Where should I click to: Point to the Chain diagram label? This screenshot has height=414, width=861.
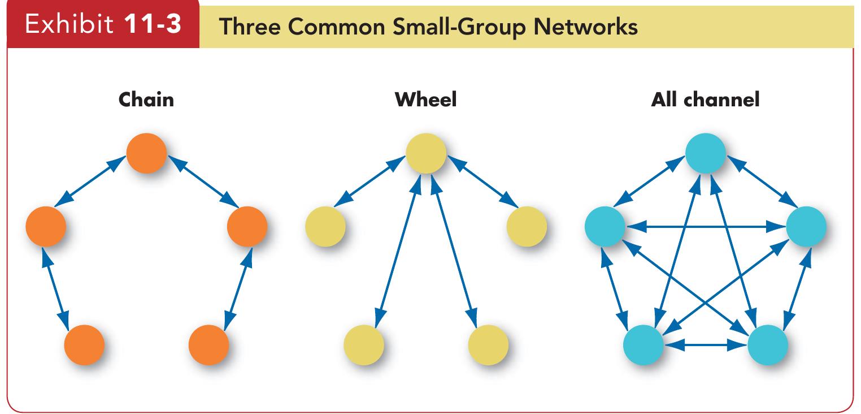pyautogui.click(x=147, y=100)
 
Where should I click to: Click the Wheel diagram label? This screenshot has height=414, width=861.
pyautogui.click(x=425, y=100)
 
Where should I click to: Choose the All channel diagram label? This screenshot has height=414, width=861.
pyautogui.click(x=705, y=100)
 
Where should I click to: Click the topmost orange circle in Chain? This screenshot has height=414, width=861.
pyautogui.click(x=147, y=153)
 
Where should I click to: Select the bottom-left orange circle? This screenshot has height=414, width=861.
pyautogui.click(x=84, y=345)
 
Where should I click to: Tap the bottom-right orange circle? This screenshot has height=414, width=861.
pyautogui.click(x=208, y=345)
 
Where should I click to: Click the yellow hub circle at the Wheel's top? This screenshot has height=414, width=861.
pyautogui.click(x=426, y=153)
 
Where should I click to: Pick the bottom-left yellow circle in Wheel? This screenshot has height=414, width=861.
pyautogui.click(x=363, y=345)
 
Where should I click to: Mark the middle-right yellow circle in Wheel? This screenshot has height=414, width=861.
pyautogui.click(x=527, y=227)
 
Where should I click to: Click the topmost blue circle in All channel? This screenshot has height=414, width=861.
pyautogui.click(x=705, y=153)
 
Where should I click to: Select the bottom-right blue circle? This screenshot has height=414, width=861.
pyautogui.click(x=767, y=345)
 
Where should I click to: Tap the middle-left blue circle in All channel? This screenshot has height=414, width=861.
pyautogui.click(x=605, y=227)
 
